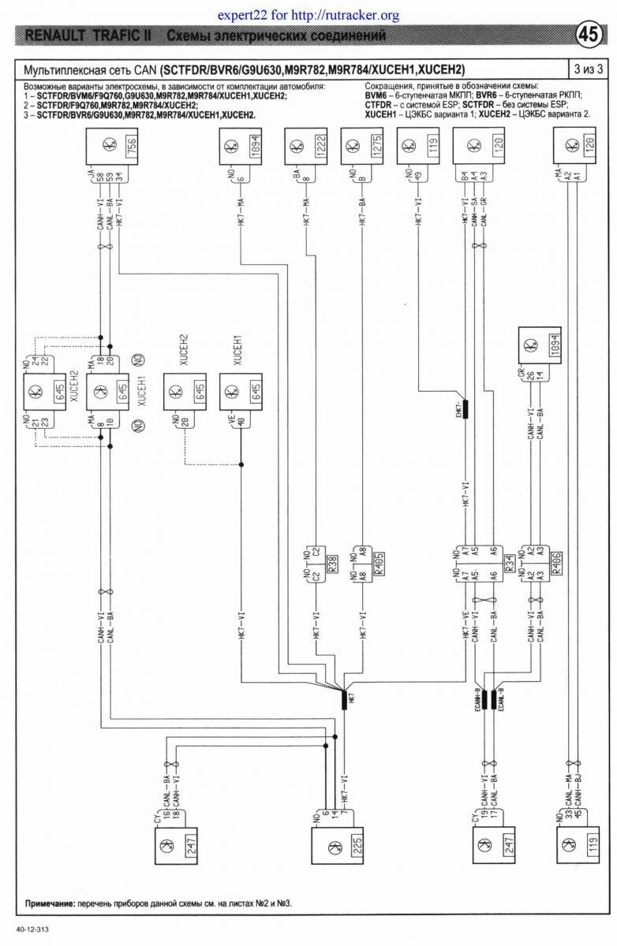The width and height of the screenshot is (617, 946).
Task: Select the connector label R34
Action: (510, 563)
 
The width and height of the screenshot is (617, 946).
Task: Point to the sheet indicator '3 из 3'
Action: (589, 68)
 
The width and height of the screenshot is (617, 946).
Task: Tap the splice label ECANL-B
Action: (502, 700)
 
